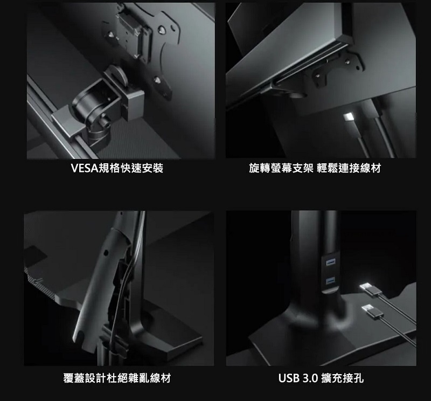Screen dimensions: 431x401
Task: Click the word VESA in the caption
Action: point(85,168)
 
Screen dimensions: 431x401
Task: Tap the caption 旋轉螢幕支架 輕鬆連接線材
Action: point(315,168)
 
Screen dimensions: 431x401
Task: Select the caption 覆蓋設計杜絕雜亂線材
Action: point(117,378)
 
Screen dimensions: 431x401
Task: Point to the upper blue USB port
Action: point(330,262)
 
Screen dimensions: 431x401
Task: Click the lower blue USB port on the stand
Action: point(330,281)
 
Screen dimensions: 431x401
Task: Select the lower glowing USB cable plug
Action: point(372,311)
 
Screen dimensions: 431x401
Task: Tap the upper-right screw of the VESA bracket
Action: point(162,29)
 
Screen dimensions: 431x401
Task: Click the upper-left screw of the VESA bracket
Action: point(111,34)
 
